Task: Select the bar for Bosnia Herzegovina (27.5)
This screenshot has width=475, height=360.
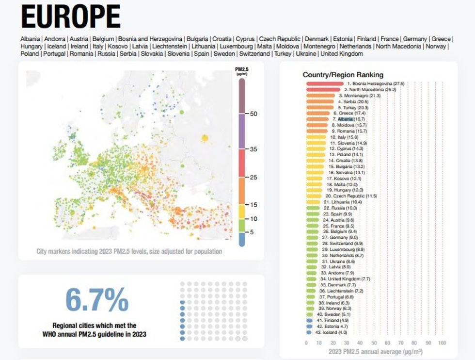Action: (324, 84)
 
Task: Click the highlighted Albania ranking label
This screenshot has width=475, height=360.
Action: (346, 119)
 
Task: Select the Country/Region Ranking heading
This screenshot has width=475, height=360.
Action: (343, 75)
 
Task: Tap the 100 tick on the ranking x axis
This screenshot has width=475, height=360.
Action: (442, 343)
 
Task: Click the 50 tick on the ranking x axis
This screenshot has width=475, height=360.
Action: (374, 343)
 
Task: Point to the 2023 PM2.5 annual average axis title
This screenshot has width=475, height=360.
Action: (375, 351)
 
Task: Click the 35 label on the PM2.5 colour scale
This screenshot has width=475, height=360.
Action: (253, 149)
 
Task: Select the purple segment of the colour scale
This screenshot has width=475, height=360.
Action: (241, 131)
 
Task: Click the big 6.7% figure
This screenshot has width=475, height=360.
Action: (97, 300)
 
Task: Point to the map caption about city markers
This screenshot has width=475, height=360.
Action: (129, 251)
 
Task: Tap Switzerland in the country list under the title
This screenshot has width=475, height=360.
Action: (254, 54)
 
